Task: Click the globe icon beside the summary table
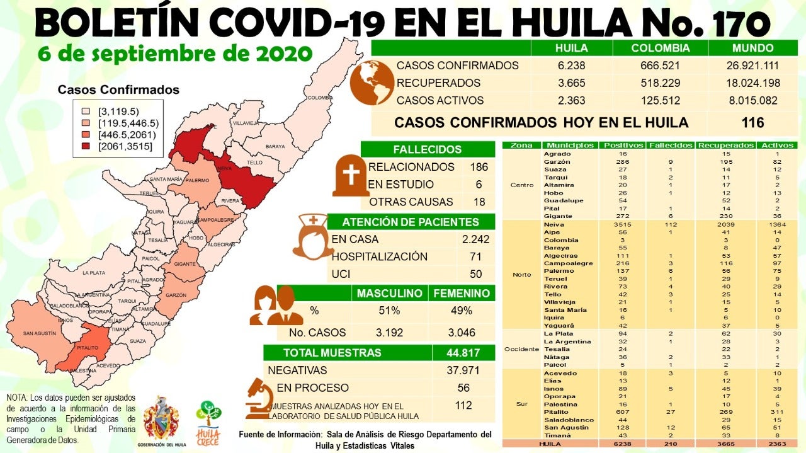pos(372,82)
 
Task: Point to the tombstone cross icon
pos(351,176)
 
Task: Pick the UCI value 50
pos(475,274)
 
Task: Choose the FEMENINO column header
pos(461,294)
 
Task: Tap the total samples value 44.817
pos(463,353)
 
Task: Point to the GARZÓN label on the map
pos(177,295)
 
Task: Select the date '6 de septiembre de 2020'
pos(175,53)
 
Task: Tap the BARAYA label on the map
pos(275,146)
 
